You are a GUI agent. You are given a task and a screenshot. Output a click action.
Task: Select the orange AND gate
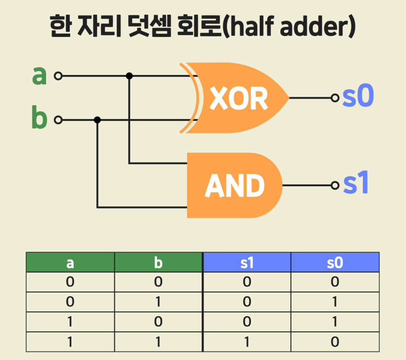[235, 185]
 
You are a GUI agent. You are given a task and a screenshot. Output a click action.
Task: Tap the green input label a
[39, 76]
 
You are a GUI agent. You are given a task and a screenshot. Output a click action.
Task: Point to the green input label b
[39, 119]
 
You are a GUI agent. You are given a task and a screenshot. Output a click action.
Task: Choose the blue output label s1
[356, 184]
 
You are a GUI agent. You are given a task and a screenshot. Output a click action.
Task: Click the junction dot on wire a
[129, 76]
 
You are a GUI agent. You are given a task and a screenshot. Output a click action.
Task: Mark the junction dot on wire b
[97, 120]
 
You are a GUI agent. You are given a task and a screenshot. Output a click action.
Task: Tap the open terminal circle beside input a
[58, 76]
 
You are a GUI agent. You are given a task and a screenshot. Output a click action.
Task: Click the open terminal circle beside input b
[58, 120]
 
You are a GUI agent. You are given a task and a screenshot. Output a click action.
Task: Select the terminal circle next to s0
[335, 98]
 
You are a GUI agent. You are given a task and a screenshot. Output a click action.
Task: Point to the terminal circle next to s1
[335, 185]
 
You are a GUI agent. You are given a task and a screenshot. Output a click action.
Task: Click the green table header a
[70, 263]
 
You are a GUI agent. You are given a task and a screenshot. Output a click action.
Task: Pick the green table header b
[158, 263]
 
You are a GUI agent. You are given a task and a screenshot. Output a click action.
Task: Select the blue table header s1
[247, 263]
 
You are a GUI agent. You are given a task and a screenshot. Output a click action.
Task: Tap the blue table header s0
[335, 263]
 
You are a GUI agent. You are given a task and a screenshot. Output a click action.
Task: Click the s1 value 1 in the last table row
[247, 342]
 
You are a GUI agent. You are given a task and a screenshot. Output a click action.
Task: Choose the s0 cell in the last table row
[335, 342]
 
